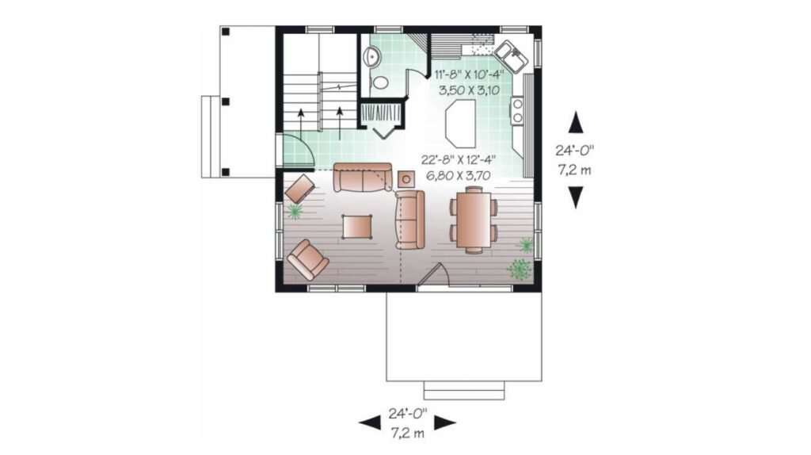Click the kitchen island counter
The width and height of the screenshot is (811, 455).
tap(460, 123)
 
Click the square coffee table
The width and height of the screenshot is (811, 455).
tap(357, 226)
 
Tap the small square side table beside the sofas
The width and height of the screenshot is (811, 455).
tap(406, 179)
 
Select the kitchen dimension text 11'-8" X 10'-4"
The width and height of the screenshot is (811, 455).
tap(469, 74)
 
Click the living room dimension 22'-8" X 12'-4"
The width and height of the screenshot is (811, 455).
tap(459, 159)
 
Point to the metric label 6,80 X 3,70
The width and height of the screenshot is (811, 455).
tap(459, 175)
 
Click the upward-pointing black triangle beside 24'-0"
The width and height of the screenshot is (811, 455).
tap(576, 122)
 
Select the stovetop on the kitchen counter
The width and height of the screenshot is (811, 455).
tap(516, 111)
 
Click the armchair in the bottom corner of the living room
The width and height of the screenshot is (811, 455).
tap(308, 260)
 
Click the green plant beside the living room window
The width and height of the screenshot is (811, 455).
tap(295, 211)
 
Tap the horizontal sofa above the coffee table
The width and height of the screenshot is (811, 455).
tap(363, 177)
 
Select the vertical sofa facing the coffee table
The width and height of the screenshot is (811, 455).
tap(409, 220)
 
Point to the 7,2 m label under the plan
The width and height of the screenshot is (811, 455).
tap(407, 433)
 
